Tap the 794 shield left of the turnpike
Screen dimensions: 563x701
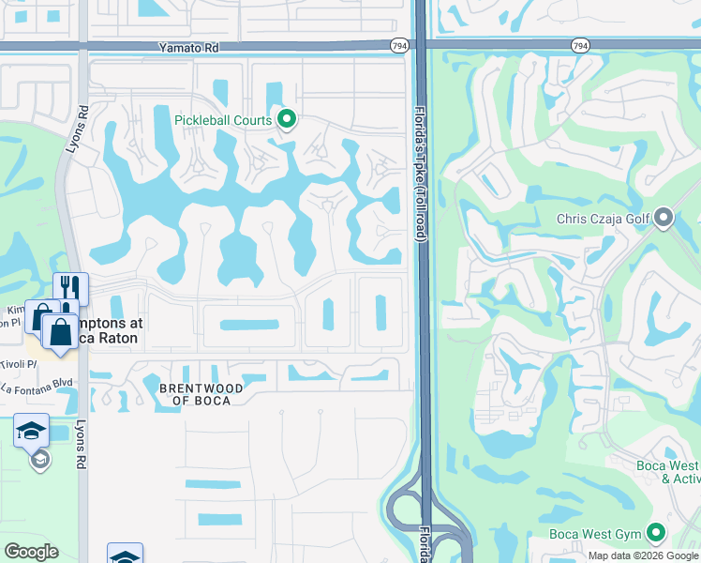(399, 45)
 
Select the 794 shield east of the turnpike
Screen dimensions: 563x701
(580, 45)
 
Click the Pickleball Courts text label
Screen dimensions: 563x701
(223, 119)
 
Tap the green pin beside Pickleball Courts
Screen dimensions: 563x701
(288, 119)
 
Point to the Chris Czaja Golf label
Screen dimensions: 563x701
(602, 220)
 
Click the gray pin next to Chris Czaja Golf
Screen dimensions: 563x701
(664, 219)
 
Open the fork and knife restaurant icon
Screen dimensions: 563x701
(69, 287)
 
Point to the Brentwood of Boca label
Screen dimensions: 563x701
(201, 394)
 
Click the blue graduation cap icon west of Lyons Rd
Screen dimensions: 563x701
(30, 431)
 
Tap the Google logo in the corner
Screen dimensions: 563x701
(31, 552)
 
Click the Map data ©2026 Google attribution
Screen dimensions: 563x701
(642, 555)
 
